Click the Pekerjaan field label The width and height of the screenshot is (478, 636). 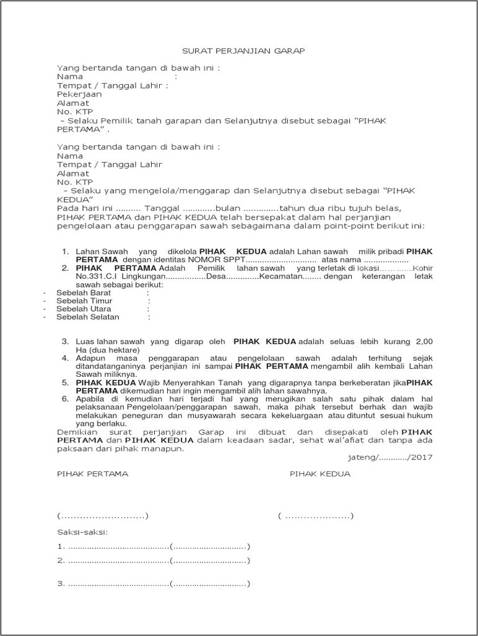point(77,94)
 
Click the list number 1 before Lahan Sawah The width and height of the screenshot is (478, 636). point(65,251)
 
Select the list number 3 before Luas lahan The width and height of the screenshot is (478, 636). point(65,342)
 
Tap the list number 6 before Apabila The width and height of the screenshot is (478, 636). point(65,399)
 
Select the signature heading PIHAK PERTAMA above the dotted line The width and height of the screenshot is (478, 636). point(92,474)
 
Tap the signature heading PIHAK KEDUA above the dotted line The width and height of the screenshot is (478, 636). point(319,474)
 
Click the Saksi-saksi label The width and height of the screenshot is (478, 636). point(82,532)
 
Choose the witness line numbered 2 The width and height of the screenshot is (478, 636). point(154,561)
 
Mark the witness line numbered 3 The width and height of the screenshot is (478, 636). point(154,583)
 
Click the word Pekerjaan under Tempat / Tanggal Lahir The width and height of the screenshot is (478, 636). point(77,94)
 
